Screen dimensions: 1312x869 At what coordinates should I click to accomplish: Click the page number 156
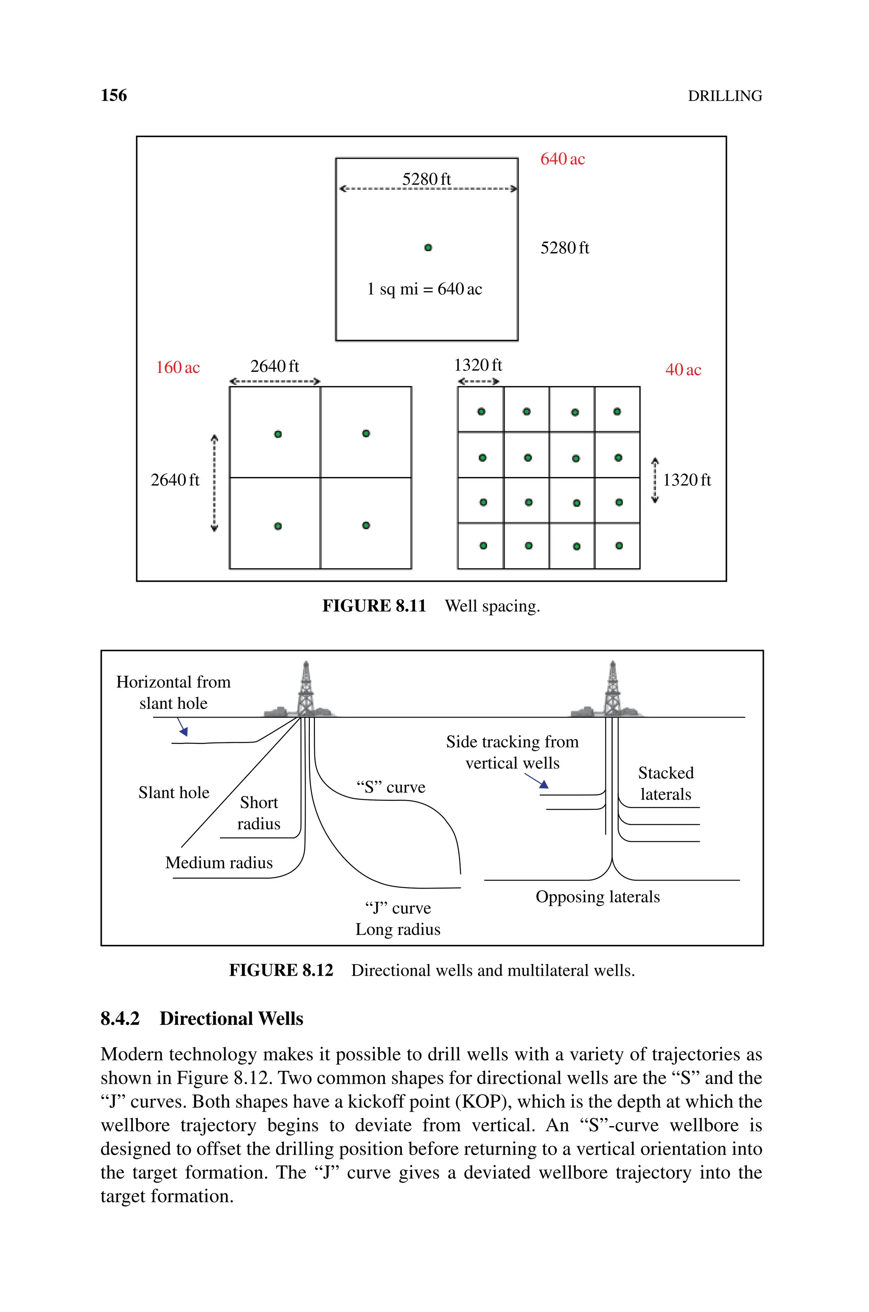(x=114, y=95)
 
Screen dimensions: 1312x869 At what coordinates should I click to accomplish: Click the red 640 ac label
(x=563, y=159)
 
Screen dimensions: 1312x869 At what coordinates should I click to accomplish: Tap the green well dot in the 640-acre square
(x=428, y=248)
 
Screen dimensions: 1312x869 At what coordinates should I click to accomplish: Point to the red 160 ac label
(x=177, y=367)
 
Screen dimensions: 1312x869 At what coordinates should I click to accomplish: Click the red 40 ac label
(x=683, y=370)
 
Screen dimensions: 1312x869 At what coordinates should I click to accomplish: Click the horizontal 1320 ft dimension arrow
(x=479, y=381)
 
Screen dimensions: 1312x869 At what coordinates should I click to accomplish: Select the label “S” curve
(x=391, y=787)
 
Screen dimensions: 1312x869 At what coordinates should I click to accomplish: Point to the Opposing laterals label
(x=597, y=897)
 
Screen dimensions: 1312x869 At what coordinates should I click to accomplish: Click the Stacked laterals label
(x=666, y=783)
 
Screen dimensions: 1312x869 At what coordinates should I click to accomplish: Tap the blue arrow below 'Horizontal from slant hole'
(x=182, y=727)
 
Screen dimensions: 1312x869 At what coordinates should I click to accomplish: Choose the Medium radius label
(x=219, y=863)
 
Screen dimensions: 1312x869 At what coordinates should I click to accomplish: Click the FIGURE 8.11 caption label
(x=374, y=606)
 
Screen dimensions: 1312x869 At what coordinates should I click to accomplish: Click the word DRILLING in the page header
(x=725, y=96)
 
